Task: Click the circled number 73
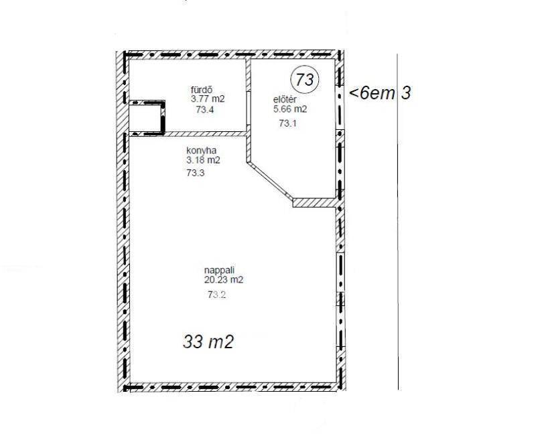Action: click(304, 80)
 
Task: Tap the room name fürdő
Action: click(202, 90)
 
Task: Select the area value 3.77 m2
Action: click(208, 99)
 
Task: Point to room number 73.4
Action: click(205, 110)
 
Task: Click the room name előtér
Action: click(285, 100)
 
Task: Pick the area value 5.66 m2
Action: click(290, 109)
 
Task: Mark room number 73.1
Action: click(287, 123)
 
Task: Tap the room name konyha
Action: click(202, 150)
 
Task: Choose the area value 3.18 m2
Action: click(203, 160)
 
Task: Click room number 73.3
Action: click(196, 173)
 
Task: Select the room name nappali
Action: click(220, 270)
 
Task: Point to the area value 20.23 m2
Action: click(224, 280)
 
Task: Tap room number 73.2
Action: click(216, 295)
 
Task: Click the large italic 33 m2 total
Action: click(208, 342)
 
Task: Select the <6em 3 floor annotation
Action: click(379, 93)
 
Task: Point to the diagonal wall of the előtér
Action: click(270, 180)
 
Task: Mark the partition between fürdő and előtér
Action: click(249, 96)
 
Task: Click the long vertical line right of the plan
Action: click(397, 222)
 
